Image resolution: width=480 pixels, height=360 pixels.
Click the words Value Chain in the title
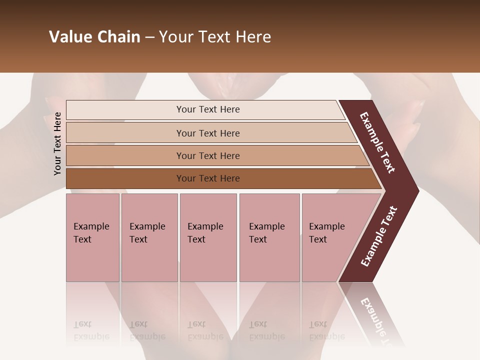click(x=94, y=37)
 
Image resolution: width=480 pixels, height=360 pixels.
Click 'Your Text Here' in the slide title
click(x=215, y=37)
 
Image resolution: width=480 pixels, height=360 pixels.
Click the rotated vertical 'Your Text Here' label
click(x=57, y=143)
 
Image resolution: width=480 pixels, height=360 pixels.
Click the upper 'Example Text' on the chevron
click(x=377, y=143)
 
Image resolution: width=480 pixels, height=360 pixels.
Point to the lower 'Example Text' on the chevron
click(x=379, y=236)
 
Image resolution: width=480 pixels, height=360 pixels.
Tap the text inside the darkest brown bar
click(x=208, y=178)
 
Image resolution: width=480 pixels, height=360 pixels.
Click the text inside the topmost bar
click(x=208, y=109)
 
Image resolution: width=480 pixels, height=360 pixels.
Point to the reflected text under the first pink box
click(x=91, y=330)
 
